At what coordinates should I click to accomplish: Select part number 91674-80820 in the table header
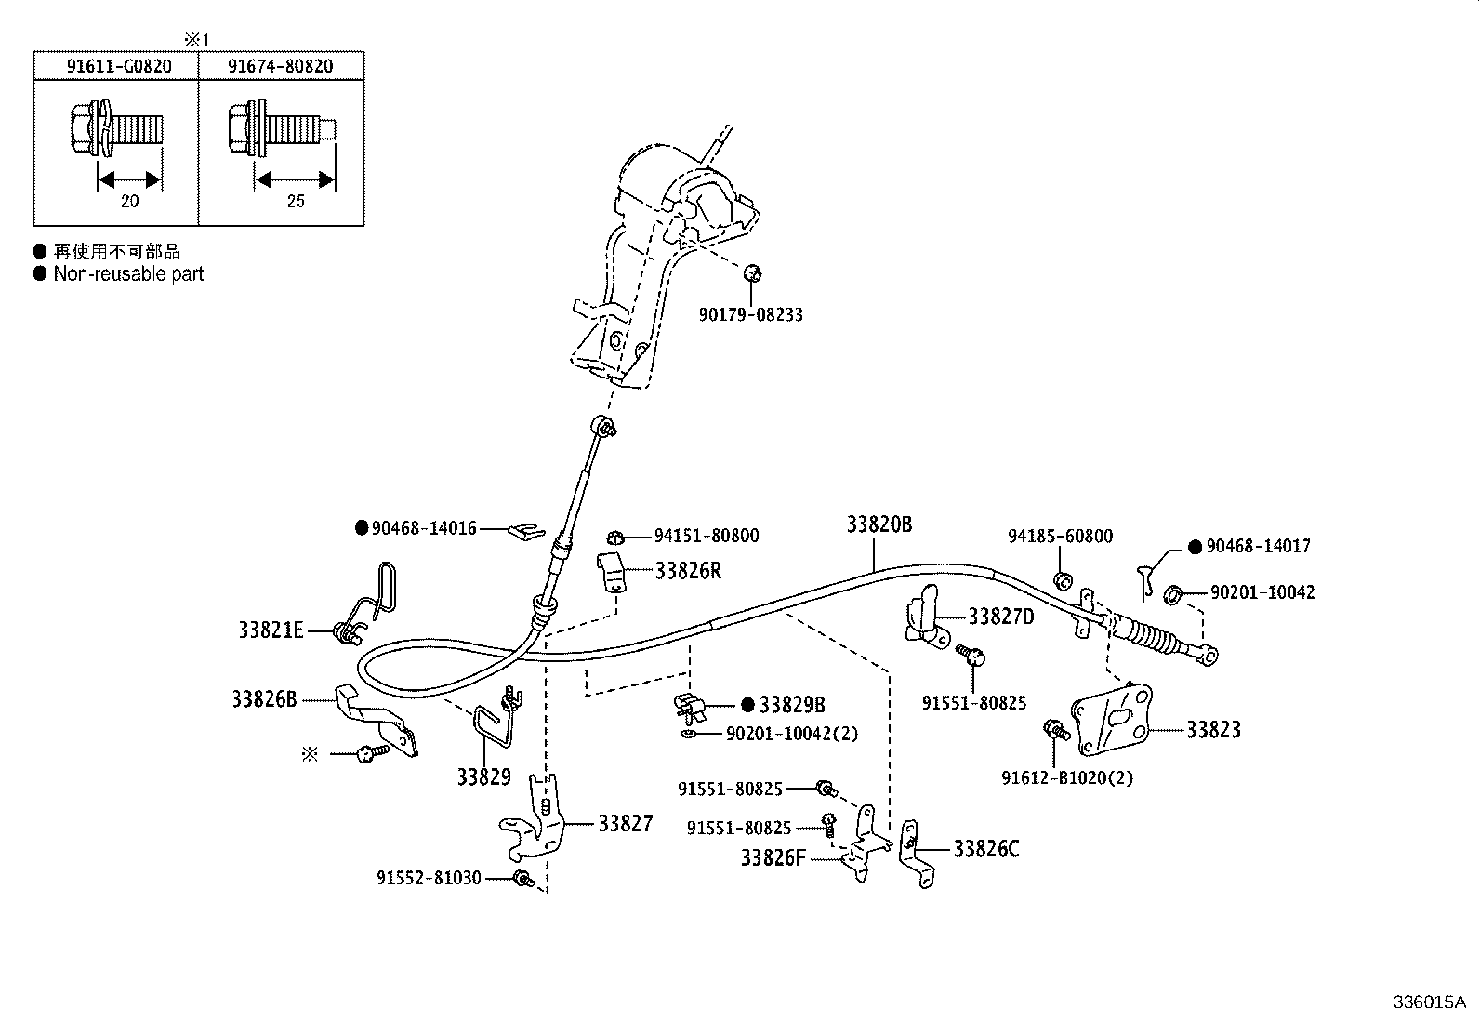(x=281, y=66)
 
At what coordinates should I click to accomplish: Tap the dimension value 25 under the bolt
(x=296, y=201)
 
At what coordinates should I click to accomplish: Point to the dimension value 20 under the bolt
(x=130, y=201)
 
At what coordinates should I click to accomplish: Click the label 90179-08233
(x=750, y=315)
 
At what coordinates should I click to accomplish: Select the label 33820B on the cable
(x=879, y=524)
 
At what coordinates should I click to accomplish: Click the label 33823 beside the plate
(x=1213, y=730)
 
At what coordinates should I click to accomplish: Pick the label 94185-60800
(x=1060, y=537)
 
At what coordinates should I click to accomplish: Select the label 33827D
(x=1001, y=616)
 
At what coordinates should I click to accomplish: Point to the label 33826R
(x=688, y=571)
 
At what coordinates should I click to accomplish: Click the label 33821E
(x=270, y=630)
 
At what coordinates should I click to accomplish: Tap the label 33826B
(x=264, y=698)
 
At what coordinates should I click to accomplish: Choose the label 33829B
(x=792, y=705)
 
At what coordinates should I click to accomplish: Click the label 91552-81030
(x=429, y=878)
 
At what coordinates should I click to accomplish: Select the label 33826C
(x=985, y=849)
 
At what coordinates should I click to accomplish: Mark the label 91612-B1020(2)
(x=1067, y=777)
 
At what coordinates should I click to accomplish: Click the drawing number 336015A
(x=1428, y=1002)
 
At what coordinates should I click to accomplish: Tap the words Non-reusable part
(x=128, y=274)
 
